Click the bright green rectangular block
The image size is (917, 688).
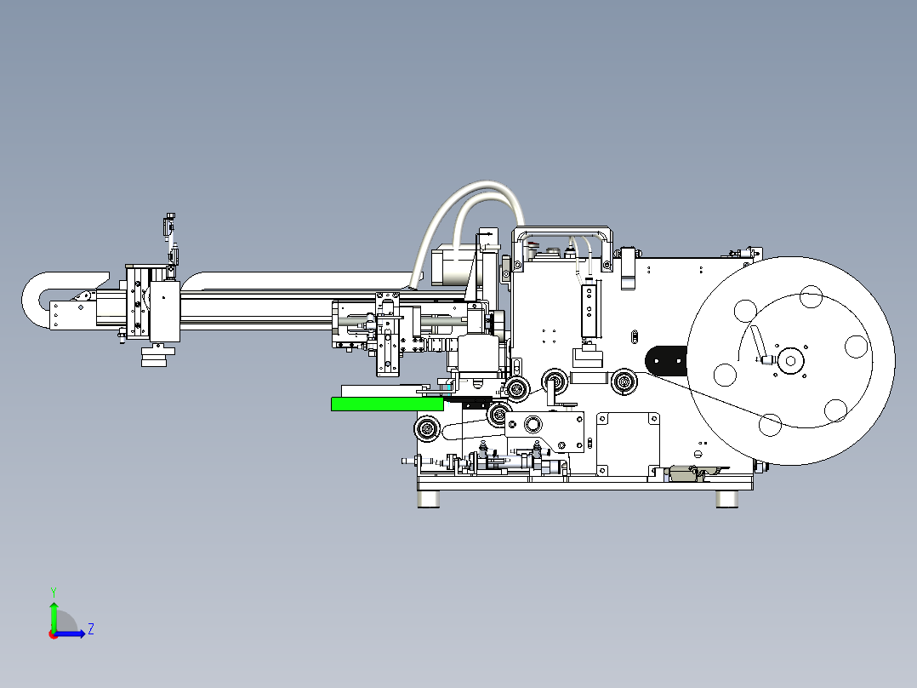tap(387, 404)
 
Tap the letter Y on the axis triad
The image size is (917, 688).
tap(54, 592)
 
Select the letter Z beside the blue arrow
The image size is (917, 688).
tap(91, 629)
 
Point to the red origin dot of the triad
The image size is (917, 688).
tap(54, 634)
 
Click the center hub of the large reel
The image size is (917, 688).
tap(791, 361)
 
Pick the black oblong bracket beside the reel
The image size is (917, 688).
tap(666, 361)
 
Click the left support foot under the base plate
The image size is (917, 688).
tap(429, 499)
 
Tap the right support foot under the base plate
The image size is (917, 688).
tap(727, 499)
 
